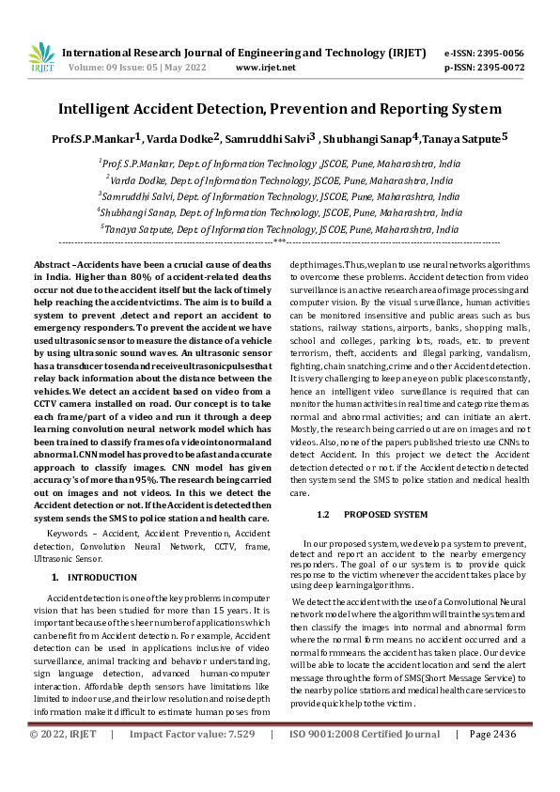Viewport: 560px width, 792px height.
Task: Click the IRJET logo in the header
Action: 41,55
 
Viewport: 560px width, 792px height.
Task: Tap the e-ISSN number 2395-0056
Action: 504,54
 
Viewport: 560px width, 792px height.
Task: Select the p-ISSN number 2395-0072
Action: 504,68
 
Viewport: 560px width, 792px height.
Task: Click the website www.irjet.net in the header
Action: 266,68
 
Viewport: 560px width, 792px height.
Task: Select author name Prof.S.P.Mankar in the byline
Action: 92,139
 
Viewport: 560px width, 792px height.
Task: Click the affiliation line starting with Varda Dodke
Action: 281,179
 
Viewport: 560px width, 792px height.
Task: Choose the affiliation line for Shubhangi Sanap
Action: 280,211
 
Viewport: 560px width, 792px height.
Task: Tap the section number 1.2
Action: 323,515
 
